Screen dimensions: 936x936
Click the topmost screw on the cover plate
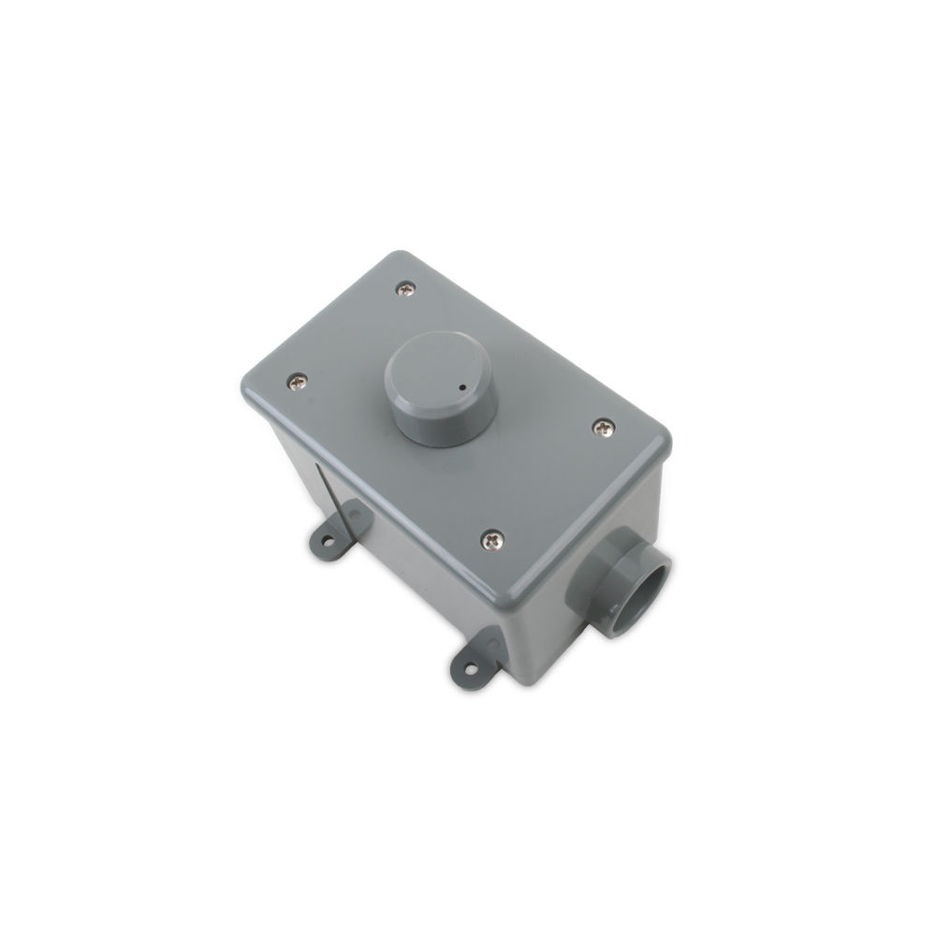405,289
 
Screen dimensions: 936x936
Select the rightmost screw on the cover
602,427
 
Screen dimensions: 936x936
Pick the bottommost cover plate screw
491,539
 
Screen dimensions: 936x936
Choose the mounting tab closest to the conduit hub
477,656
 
